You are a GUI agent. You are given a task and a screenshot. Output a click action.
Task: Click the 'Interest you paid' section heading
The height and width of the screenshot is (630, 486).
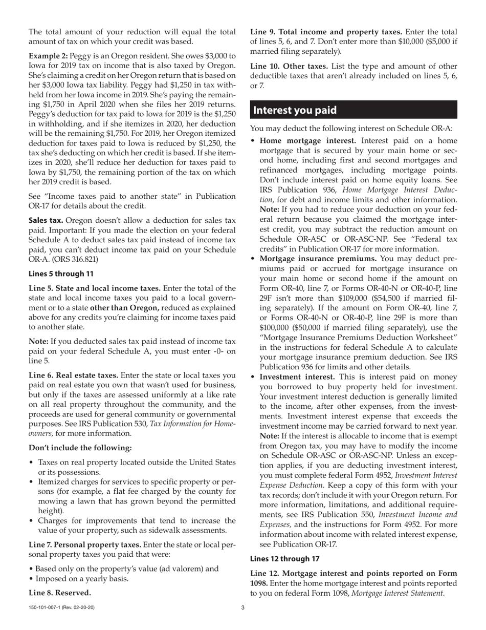pyautogui.click(x=295, y=110)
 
